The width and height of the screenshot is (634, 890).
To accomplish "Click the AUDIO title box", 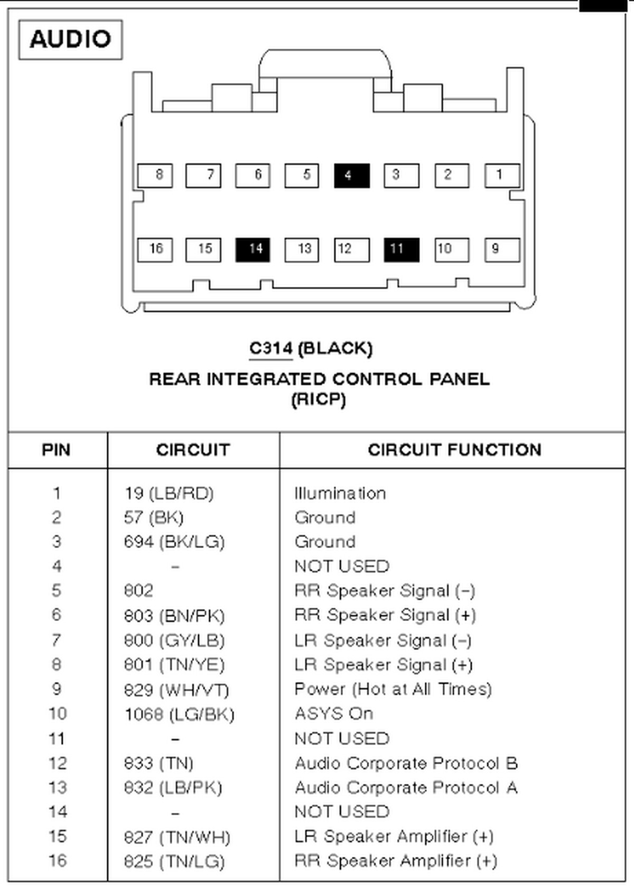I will click(70, 40).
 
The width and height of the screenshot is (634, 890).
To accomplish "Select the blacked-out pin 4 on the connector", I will click(351, 175).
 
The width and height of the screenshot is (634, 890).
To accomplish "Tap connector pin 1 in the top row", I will click(501, 175).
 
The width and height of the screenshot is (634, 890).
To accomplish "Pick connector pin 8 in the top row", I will click(155, 175).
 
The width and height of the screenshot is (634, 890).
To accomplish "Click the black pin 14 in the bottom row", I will click(253, 249).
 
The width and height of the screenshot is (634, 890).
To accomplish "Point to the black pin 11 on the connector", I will click(402, 249).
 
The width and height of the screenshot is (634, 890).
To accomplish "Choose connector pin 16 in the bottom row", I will click(155, 249).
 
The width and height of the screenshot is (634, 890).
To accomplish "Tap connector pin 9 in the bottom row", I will click(501, 249).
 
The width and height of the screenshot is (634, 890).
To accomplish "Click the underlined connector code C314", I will click(271, 349).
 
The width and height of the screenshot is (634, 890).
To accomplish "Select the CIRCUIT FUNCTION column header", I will click(454, 450).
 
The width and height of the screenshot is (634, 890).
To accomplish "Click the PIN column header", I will click(56, 450).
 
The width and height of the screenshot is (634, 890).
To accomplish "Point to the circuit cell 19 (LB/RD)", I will click(169, 494).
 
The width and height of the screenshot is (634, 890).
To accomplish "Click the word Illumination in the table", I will click(340, 494).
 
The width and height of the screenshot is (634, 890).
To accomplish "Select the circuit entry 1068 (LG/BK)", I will click(179, 715).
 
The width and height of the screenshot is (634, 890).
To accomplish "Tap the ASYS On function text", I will click(334, 714).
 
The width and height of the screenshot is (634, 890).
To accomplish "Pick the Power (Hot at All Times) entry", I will click(393, 689).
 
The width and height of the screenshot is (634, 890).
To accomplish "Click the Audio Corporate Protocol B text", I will click(406, 763).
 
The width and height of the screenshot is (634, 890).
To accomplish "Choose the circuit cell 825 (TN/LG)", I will click(174, 861).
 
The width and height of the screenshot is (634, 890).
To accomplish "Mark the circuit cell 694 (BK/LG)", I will click(174, 542).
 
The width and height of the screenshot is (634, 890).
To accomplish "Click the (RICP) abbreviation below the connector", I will click(318, 400).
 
